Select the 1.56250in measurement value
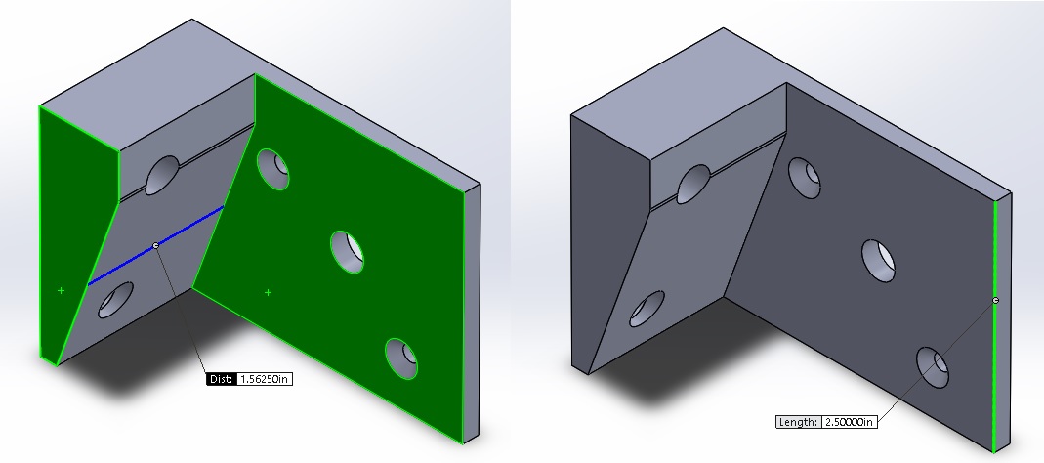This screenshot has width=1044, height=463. click(265, 379)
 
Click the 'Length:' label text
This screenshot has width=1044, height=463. click(798, 423)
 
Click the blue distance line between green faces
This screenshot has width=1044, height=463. click(186, 229)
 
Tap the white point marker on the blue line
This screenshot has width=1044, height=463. click(156, 245)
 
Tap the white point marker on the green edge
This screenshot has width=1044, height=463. click(995, 300)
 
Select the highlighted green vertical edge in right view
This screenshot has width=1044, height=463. click(995, 371)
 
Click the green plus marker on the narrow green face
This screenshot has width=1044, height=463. click(61, 290)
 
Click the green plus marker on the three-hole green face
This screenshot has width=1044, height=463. click(269, 292)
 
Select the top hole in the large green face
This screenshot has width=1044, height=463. click(274, 168)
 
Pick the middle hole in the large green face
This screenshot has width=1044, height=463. click(348, 251)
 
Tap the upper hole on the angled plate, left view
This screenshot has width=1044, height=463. click(163, 176)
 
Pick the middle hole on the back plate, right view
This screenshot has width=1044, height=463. click(879, 259)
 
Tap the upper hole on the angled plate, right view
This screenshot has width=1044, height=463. click(693, 183)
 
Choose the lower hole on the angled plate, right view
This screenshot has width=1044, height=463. click(647, 308)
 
